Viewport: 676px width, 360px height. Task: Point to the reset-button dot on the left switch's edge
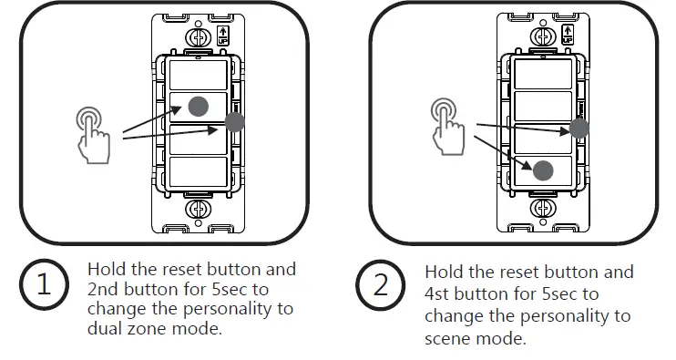[234, 123]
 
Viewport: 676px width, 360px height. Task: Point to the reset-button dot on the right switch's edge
[579, 129]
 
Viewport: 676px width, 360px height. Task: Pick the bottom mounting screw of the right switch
[544, 209]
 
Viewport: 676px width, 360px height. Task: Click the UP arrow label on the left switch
[221, 36]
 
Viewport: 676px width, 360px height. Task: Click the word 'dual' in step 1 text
[105, 328]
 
